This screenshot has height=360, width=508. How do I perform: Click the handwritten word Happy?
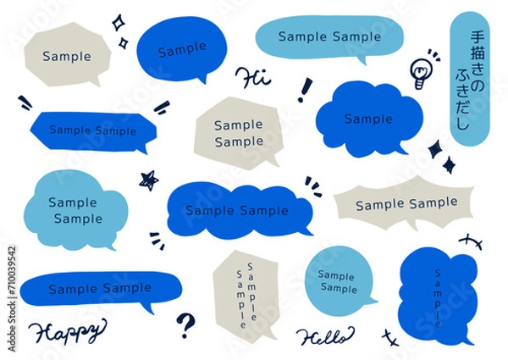click(x=67, y=331)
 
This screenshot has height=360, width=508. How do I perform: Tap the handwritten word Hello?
click(x=325, y=337)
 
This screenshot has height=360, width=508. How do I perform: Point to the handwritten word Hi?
click(x=252, y=78)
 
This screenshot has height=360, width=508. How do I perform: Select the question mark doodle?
click(x=185, y=325)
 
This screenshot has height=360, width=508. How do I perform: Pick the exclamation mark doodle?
click(x=305, y=90)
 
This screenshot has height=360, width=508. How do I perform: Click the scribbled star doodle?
click(x=149, y=180)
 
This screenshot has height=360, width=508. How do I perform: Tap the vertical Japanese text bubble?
click(x=469, y=79)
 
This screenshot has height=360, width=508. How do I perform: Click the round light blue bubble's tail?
click(x=369, y=302)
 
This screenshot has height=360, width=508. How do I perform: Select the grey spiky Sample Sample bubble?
click(x=404, y=202)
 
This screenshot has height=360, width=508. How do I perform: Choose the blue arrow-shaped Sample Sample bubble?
click(x=93, y=131)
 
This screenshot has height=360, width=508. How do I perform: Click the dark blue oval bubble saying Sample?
click(x=182, y=49)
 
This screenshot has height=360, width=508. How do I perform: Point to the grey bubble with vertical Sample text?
click(x=246, y=294)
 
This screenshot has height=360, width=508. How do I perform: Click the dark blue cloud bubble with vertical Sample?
click(x=438, y=296)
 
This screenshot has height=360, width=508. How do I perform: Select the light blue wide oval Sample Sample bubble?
click(x=329, y=38)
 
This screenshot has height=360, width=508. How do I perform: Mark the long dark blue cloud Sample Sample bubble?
click(x=240, y=211)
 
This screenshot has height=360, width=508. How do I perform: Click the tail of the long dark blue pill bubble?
click(x=147, y=307)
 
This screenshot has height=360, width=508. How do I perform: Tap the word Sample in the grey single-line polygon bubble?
click(x=67, y=57)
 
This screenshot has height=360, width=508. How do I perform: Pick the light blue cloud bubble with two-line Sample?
click(x=76, y=210)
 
